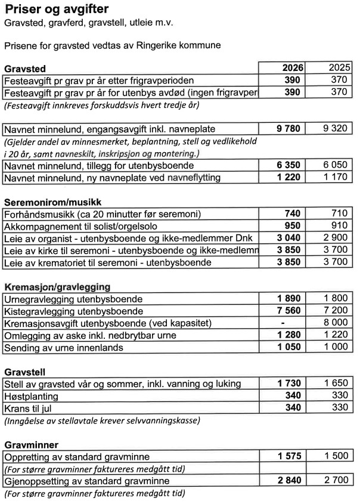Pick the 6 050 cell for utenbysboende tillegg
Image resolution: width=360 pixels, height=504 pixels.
click(334, 165)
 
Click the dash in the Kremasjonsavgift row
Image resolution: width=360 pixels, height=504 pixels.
click(290, 323)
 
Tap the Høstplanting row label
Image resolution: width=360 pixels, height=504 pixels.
click(31, 396)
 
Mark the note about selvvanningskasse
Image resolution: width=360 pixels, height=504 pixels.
click(101, 420)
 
